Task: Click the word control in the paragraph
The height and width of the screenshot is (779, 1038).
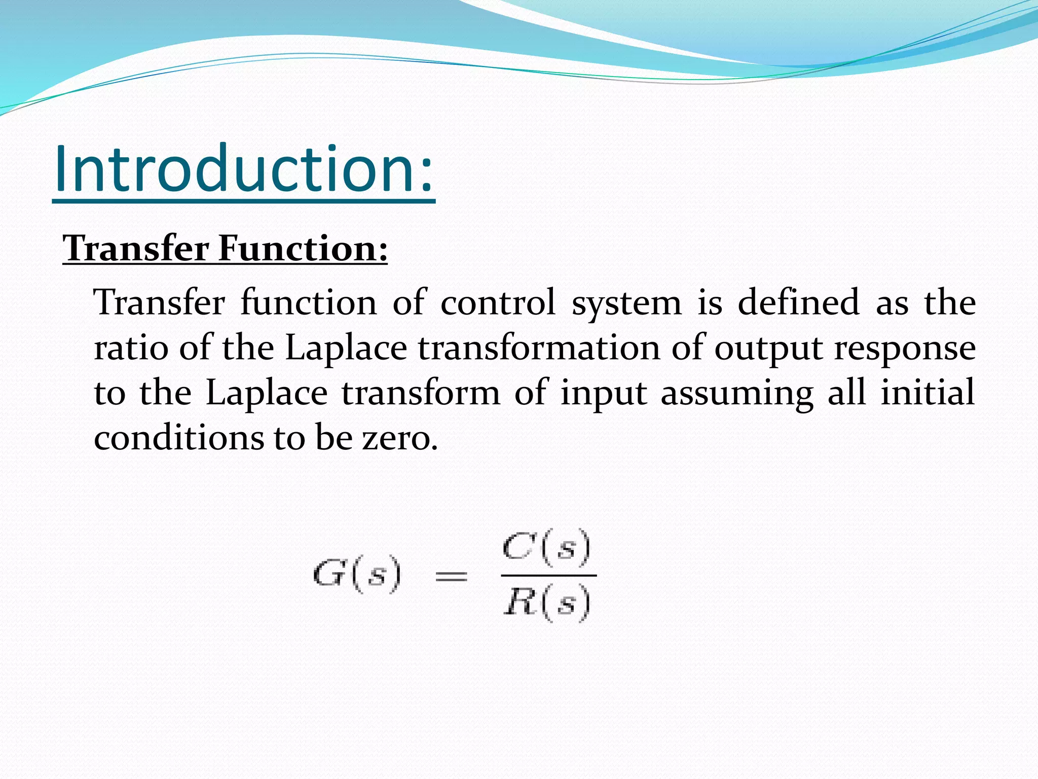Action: (498, 303)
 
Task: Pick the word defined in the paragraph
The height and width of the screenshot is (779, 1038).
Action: (798, 303)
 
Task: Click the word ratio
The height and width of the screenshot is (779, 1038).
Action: (131, 348)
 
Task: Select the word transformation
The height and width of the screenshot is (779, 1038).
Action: (539, 348)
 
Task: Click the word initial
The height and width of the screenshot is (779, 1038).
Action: (927, 393)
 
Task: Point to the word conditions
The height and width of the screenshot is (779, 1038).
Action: (178, 437)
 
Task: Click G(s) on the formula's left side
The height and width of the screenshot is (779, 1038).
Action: (357, 575)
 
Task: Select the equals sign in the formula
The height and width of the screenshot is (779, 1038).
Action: (451, 576)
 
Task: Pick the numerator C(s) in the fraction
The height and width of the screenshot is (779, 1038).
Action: (546, 547)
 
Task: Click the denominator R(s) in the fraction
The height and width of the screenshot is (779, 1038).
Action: (546, 603)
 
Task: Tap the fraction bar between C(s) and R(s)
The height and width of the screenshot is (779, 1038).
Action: (548, 575)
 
